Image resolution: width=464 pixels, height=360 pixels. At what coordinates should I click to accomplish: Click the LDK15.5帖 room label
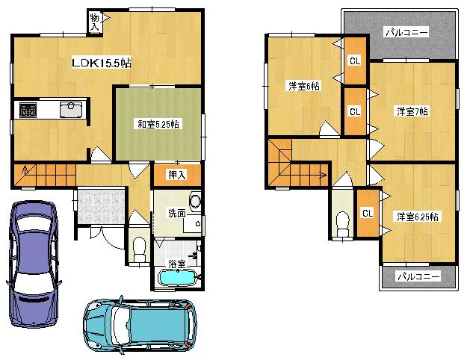102,63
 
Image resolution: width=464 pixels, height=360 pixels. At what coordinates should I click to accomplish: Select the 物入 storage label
95,21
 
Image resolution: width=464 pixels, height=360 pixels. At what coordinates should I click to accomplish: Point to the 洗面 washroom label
176,213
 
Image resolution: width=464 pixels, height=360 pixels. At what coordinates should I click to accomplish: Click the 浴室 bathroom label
176,263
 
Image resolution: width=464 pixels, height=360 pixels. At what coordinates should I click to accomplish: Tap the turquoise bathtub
177,279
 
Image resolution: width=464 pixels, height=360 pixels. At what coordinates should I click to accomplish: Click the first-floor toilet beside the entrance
138,249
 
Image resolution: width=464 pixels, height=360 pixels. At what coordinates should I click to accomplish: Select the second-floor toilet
342,223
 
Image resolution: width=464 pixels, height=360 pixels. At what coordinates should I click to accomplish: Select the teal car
140,326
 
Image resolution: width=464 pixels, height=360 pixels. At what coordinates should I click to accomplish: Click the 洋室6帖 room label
304,87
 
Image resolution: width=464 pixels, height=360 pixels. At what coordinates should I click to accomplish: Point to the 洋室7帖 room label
412,111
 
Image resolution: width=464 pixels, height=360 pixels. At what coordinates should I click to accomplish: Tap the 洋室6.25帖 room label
418,216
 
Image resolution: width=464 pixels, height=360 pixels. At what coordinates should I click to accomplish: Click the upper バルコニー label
406,33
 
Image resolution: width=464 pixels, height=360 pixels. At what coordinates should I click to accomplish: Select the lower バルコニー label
418,276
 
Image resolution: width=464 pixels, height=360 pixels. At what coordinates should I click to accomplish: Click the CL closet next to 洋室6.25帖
367,214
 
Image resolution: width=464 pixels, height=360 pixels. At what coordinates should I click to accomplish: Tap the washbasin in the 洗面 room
194,201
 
